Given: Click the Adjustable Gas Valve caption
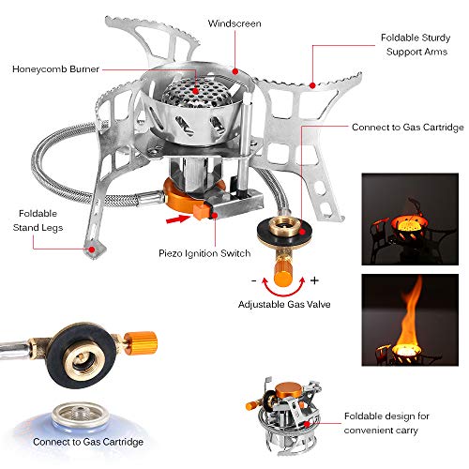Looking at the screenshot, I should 284,306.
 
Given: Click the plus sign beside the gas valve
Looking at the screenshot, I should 314,280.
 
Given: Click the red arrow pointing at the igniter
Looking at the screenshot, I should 175,220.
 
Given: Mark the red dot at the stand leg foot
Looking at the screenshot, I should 91,250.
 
